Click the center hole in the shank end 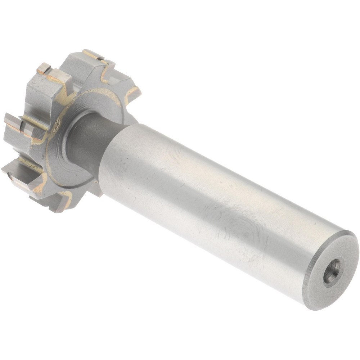point(332,271)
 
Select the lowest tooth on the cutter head point(54,202)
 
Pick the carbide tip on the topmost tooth point(92,54)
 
